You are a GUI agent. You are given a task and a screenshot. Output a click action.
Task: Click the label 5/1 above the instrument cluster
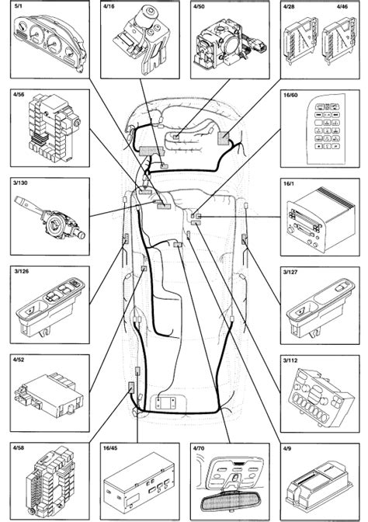point(17,6)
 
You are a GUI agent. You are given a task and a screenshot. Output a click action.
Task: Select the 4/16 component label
point(109,6)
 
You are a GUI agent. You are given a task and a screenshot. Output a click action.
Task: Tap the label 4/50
point(199,6)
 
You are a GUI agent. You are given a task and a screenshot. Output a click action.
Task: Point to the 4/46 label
point(342,6)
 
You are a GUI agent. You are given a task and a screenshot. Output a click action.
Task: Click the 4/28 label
point(289,6)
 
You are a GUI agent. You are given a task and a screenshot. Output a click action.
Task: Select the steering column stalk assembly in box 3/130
point(50,217)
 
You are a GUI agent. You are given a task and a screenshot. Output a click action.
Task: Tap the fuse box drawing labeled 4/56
point(54,128)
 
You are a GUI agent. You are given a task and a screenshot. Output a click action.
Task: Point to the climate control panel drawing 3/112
point(320,398)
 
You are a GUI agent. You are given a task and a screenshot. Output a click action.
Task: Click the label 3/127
point(290,272)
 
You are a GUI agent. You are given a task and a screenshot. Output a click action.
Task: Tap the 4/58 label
point(19,448)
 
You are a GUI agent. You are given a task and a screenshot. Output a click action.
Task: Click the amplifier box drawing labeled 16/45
point(140,482)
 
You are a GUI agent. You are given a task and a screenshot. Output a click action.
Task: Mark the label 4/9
point(287,448)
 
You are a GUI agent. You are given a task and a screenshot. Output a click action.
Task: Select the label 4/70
point(199,448)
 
